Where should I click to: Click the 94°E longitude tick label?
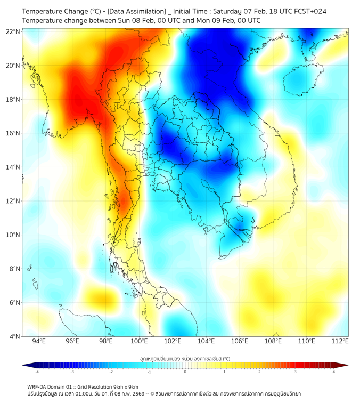tap(39, 342)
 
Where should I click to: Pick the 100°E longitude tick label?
tap(140, 342)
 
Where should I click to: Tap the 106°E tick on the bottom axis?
tap(240, 342)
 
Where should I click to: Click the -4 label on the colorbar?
tap(37, 372)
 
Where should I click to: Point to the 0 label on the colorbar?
tap(185, 372)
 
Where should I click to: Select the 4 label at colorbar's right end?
tap(334, 372)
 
